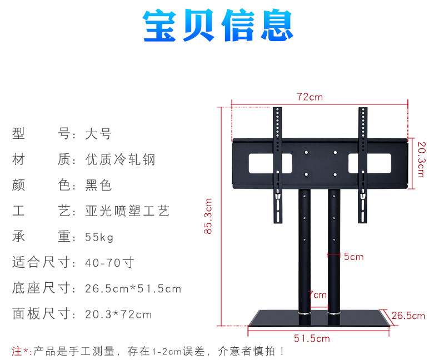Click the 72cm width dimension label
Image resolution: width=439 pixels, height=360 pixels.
[310, 97]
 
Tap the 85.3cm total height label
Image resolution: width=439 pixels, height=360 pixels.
[208, 216]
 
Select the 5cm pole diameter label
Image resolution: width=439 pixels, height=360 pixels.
[353, 256]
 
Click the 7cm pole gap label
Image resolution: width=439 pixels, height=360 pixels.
[318, 294]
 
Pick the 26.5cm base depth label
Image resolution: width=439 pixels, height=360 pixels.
[408, 316]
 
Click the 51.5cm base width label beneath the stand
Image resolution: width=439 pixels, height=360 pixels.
[312, 338]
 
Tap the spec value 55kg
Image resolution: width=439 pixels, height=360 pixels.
[99, 237]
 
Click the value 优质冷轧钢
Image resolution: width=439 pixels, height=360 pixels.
[120, 160]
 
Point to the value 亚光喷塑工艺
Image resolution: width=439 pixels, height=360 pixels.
[127, 211]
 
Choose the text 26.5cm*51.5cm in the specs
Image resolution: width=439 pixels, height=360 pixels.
[133, 289]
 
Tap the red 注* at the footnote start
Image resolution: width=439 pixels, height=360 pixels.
[20, 351]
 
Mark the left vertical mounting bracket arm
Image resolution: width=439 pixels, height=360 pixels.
[278, 167]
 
